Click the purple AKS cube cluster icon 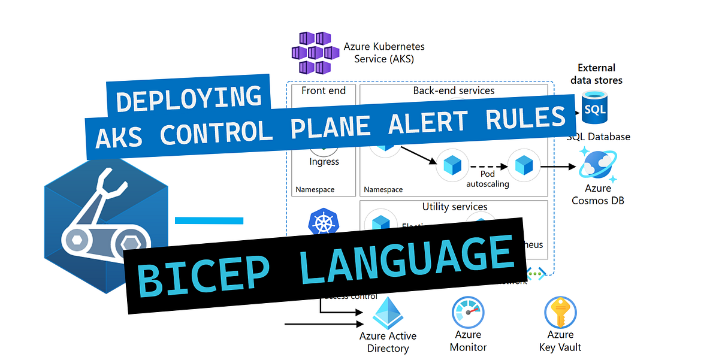point(311,53)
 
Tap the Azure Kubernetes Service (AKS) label point(383,53)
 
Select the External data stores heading point(596,74)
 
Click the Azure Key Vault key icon point(560,312)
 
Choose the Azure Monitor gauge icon point(468,312)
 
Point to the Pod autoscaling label point(487,179)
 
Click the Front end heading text point(324,90)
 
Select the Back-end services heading point(454,90)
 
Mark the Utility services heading point(454,207)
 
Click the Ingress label point(324,162)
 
